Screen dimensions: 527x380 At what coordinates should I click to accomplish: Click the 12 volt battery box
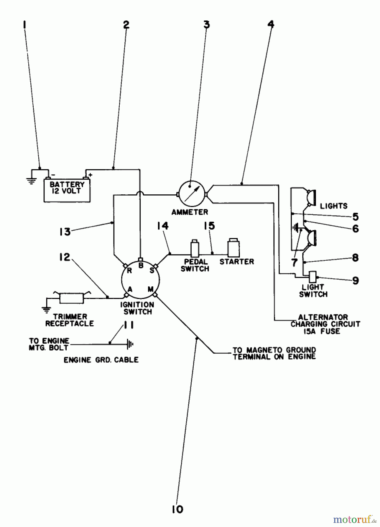67,190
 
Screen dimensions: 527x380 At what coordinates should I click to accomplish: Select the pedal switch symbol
195,249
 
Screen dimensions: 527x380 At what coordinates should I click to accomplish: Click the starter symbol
234,248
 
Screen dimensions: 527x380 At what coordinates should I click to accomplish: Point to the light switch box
313,276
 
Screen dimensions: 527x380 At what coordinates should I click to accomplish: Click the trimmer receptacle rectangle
72,298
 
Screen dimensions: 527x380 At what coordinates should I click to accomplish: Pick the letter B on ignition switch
141,266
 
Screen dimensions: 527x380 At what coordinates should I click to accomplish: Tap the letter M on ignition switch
150,289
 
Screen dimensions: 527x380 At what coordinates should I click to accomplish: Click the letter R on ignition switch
129,271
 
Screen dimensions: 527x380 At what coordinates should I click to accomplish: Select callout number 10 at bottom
178,509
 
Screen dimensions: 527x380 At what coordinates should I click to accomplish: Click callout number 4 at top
271,25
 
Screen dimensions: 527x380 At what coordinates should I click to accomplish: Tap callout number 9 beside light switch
355,280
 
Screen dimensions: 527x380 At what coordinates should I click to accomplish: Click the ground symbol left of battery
31,180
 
